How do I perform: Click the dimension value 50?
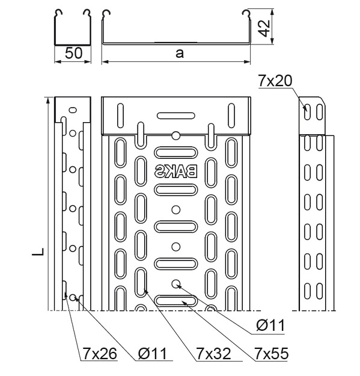tap(73, 53)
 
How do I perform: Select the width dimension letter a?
tap(179, 52)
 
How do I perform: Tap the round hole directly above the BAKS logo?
tap(175, 135)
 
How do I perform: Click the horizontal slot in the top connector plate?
tap(175, 115)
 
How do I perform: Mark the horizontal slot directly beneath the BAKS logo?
tap(175, 190)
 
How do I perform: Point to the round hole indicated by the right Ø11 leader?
tap(175, 283)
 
